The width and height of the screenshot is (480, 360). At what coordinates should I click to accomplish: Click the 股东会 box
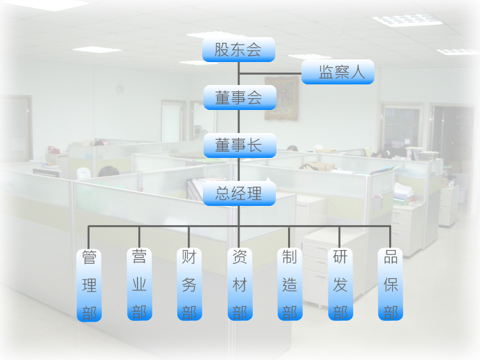coord(239,49)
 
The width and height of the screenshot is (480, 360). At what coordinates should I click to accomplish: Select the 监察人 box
coord(338,72)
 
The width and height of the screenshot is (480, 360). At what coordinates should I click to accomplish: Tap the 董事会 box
coord(240,98)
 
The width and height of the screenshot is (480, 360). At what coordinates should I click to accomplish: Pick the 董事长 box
coord(240,145)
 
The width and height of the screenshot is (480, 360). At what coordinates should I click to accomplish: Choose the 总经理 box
coord(239,193)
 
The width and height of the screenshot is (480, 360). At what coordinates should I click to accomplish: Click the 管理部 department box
coord(89,285)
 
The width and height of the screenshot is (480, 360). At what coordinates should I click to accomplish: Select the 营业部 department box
coord(140,284)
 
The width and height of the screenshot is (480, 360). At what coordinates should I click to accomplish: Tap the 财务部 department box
coord(189,284)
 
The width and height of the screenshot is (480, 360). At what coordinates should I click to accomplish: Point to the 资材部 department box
coord(240,284)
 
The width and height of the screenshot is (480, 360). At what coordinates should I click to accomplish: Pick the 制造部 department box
coord(290,284)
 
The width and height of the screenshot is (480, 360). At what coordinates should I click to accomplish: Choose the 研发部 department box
coord(340,284)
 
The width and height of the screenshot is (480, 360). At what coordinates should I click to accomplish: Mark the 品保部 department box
coord(390,284)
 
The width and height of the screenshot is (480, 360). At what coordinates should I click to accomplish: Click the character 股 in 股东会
coord(222,49)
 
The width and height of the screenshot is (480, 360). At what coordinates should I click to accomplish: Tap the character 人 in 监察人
coord(358,72)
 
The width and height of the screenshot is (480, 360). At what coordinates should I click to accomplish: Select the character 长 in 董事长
coord(255,145)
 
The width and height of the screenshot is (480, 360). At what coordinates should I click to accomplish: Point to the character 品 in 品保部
coord(390,257)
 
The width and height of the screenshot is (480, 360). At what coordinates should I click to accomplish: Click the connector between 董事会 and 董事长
coord(239,121)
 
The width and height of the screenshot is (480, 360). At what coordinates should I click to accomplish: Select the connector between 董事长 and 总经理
coord(239,169)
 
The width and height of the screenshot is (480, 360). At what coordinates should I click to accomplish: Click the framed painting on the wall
coord(282,98)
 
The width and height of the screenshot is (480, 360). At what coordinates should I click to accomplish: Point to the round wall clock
coord(120,90)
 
